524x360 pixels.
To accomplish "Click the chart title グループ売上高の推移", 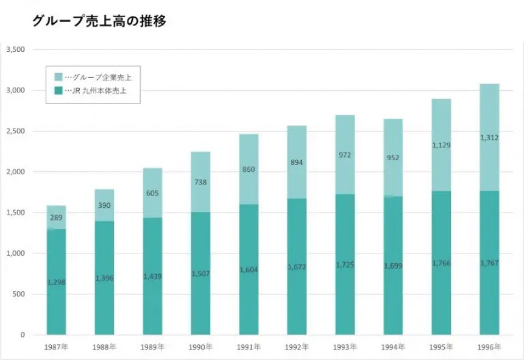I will tap(99, 21).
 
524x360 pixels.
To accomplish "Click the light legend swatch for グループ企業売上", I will tap(58, 77).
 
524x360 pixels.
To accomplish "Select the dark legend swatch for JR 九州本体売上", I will tap(58, 91).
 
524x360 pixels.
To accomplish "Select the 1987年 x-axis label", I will tap(56, 347).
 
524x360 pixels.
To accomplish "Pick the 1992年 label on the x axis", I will tap(297, 347).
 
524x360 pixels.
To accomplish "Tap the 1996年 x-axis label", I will tap(489, 347).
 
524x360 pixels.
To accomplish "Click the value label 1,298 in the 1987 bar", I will tap(56, 282).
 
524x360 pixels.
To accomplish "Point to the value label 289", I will tap(56, 217).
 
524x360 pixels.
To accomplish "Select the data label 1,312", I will tap(489, 138).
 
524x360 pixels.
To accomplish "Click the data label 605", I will tap(152, 193).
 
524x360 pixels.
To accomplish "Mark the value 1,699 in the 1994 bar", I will tap(393, 266).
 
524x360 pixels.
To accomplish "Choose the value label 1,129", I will tap(441, 145).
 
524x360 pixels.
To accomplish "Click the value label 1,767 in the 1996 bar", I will tap(489, 263).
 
